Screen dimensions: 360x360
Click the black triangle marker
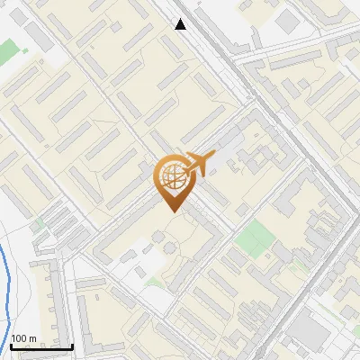pyautogui.click(x=181, y=24)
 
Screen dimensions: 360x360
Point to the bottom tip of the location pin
pyautogui.click(x=172, y=211)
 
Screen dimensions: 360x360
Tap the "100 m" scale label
pyautogui.click(x=24, y=338)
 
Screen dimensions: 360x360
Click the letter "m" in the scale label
pyautogui.click(x=33, y=338)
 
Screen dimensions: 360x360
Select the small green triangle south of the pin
pyautogui.click(x=156, y=282)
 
